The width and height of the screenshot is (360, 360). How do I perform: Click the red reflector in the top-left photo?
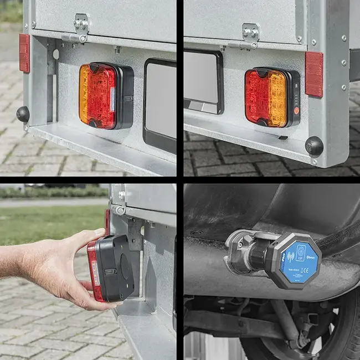point(24,53)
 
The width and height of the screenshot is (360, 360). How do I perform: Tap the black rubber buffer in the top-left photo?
point(23,114)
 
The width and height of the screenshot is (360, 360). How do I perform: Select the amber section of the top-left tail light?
point(84,95)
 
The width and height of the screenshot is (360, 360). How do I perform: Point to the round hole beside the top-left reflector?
point(56,54)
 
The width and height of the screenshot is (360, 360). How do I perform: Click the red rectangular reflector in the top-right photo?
point(313,75)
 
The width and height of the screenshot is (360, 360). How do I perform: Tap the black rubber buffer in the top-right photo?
point(314,146)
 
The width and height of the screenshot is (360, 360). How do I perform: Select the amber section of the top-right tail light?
point(277,99)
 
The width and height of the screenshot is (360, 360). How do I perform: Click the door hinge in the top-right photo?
point(250,35)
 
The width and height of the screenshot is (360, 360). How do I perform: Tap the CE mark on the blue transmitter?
point(303,271)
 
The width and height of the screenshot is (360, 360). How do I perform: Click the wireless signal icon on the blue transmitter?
point(290,255)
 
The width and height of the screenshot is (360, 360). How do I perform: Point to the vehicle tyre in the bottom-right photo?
point(332,332)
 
